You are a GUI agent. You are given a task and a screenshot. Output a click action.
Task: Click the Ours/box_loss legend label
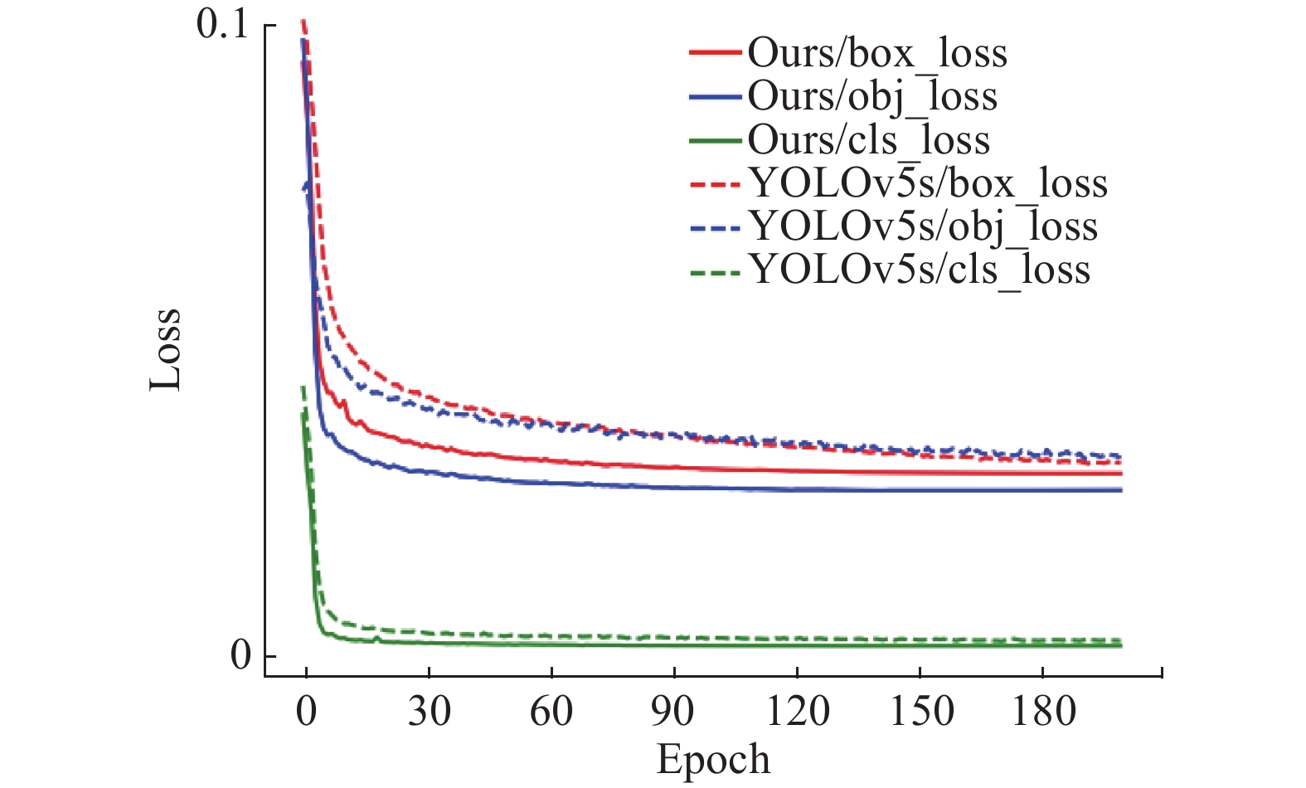pyautogui.click(x=877, y=53)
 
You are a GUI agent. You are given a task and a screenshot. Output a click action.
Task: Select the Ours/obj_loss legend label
pyautogui.click(x=872, y=96)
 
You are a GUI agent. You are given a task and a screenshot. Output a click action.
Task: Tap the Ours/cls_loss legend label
pyautogui.click(x=868, y=139)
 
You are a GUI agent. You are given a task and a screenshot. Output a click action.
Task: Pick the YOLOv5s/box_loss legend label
pyautogui.click(x=928, y=182)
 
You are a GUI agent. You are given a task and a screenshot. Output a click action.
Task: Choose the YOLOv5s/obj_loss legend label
pyautogui.click(x=923, y=226)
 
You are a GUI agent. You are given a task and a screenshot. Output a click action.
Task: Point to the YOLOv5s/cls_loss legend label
pyautogui.click(x=920, y=269)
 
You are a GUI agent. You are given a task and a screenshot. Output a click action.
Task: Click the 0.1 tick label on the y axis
pyautogui.click(x=222, y=25)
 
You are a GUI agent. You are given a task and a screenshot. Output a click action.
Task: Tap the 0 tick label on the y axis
pyautogui.click(x=240, y=655)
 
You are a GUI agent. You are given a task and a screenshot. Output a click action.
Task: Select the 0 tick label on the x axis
pyautogui.click(x=306, y=711)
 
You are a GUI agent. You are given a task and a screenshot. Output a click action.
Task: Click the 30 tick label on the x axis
pyautogui.click(x=429, y=711)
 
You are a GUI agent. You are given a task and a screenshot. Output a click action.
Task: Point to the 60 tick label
pyautogui.click(x=551, y=711)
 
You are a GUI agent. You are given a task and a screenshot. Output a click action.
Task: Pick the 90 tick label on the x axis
pyautogui.click(x=673, y=711)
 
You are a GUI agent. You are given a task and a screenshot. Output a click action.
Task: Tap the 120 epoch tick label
pyautogui.click(x=797, y=711)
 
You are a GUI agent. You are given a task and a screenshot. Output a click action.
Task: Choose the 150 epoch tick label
pyautogui.click(x=920, y=711)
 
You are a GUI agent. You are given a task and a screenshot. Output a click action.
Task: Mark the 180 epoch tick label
pyautogui.click(x=1043, y=711)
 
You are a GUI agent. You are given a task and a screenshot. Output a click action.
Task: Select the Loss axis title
pyautogui.click(x=166, y=349)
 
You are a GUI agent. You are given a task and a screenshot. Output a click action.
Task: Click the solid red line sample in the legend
pyautogui.click(x=714, y=53)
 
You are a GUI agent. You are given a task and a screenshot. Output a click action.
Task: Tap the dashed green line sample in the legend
pyautogui.click(x=714, y=270)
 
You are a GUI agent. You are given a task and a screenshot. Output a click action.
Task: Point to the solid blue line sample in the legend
pyautogui.click(x=714, y=96)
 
